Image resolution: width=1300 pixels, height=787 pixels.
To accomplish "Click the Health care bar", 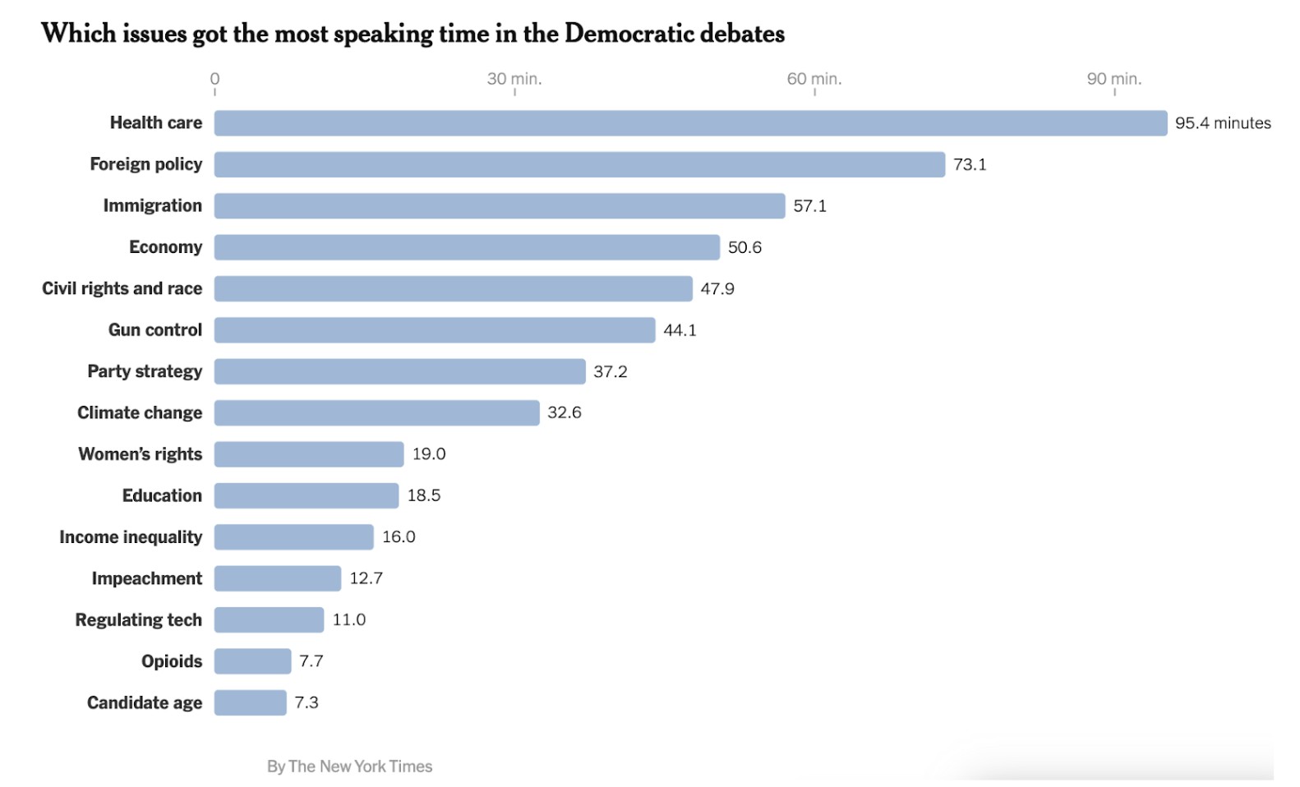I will (690, 123).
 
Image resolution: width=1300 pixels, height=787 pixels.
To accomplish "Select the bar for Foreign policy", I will (579, 164).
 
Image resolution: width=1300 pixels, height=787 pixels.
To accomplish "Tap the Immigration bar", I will (500, 206).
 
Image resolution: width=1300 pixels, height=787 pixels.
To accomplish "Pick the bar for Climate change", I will (376, 412).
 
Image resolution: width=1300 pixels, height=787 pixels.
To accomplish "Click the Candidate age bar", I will (250, 702).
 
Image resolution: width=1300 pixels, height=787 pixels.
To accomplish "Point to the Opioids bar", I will (252, 661).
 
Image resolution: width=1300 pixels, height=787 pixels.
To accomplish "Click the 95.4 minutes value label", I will (1223, 123).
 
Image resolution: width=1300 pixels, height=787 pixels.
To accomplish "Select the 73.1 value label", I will (970, 164).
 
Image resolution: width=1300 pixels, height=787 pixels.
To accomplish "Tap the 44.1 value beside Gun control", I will (680, 330).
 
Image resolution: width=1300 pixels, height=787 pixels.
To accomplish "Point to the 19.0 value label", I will (429, 454).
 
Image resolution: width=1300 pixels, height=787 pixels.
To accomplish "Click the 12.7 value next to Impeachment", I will (366, 578).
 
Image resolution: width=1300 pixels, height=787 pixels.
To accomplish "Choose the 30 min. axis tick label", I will (514, 79).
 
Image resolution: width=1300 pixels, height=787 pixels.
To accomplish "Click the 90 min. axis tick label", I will (1114, 79).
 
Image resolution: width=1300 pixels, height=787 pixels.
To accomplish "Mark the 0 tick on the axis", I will (214, 79).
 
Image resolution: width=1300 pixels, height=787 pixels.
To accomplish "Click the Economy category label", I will (165, 247).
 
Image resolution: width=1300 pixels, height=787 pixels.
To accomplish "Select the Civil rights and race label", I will (122, 288).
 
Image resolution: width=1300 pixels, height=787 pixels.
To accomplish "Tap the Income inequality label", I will (131, 537).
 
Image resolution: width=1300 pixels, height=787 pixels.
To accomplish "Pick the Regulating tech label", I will (138, 620).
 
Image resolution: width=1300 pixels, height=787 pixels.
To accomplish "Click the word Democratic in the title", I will (629, 34).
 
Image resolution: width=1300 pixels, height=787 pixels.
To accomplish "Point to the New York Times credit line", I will (349, 766).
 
